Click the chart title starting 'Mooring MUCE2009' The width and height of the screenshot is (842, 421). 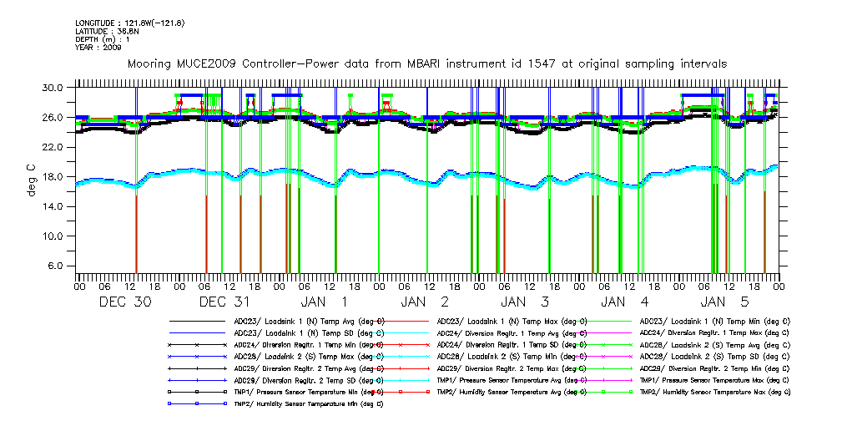[426, 63]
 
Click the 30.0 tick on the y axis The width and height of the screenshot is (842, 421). [53, 88]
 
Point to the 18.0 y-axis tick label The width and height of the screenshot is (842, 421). [53, 177]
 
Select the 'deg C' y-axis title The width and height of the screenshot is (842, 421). [31, 177]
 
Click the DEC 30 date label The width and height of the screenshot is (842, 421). [126, 302]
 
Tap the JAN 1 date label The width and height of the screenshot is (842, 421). [326, 302]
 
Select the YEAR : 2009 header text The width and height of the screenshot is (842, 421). [98, 48]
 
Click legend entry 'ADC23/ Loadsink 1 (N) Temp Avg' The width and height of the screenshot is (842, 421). [309, 320]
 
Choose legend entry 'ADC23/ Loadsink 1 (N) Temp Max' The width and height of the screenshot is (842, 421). [511, 320]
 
